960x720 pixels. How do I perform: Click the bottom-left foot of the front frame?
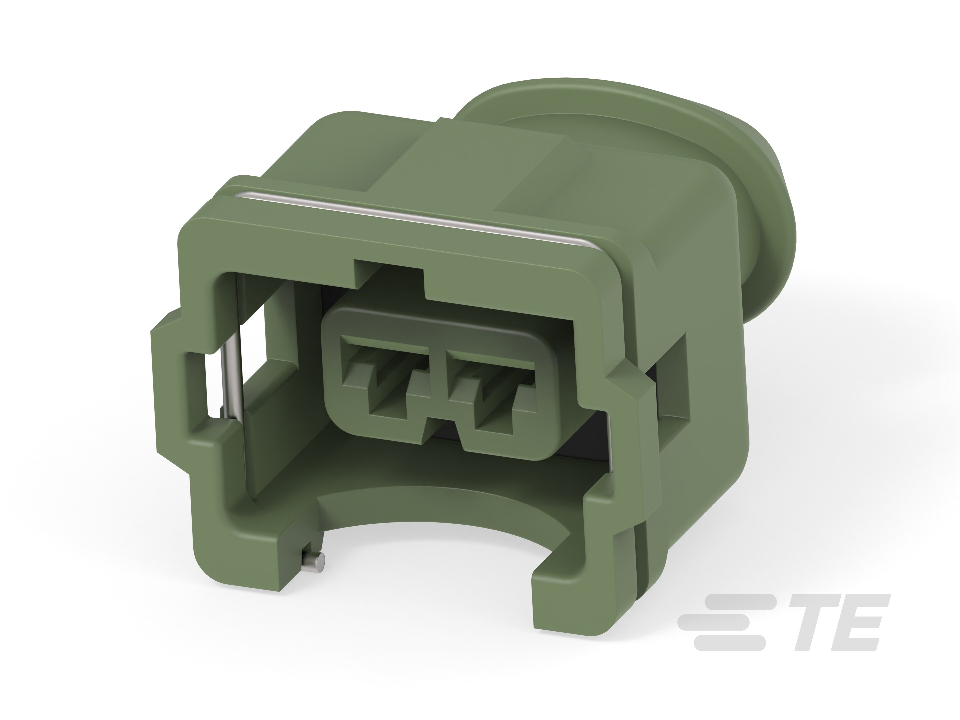243,560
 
